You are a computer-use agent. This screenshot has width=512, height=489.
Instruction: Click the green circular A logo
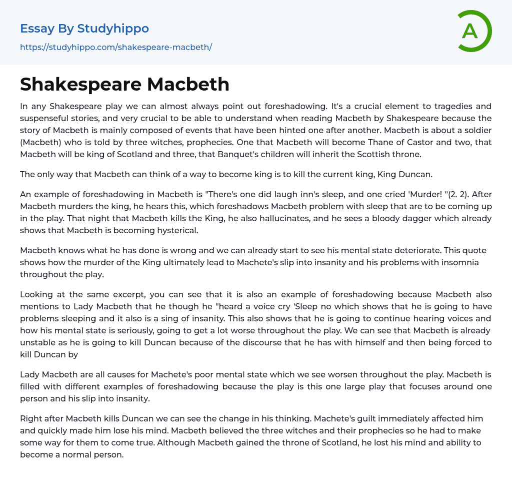(x=474, y=31)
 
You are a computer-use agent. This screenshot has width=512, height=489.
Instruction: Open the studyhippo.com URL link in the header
(x=116, y=47)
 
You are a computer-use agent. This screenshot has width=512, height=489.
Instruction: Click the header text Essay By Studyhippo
(x=84, y=29)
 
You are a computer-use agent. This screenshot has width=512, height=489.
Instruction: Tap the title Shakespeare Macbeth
(x=124, y=84)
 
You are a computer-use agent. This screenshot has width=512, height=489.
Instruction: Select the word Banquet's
(x=238, y=154)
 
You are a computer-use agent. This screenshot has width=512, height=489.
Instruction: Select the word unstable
(x=39, y=342)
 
